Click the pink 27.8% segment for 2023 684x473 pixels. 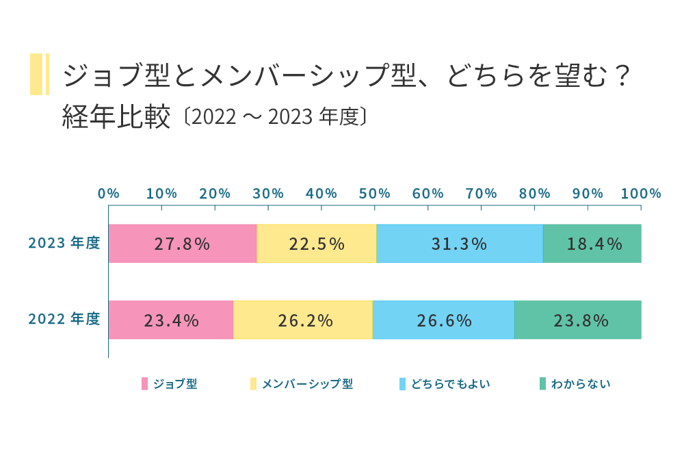click(183, 244)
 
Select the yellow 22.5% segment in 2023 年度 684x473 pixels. click(317, 244)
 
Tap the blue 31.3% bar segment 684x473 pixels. click(460, 244)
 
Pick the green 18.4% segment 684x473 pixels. click(592, 244)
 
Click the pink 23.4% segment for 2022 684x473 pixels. click(171, 320)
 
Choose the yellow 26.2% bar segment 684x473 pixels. click(303, 320)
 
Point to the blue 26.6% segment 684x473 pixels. click(443, 320)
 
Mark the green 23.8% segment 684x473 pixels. click(578, 320)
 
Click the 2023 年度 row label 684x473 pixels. click(64, 243)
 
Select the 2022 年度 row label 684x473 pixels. click(64, 319)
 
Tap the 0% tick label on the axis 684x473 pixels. click(109, 194)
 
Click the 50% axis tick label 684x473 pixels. click(375, 194)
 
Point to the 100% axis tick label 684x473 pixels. click(641, 194)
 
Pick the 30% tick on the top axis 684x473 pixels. click(268, 194)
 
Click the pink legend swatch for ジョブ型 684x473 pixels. click(145, 384)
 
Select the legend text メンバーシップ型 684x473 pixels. click(307, 384)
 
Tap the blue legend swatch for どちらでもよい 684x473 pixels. click(403, 384)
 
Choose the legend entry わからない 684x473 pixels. click(581, 384)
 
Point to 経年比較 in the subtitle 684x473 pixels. click(116, 117)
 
